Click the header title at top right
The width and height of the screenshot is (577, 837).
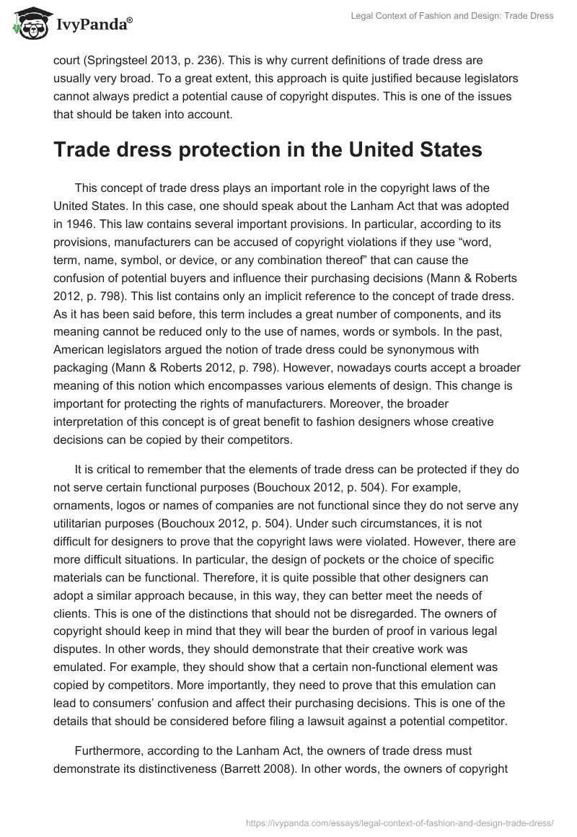pyautogui.click(x=451, y=16)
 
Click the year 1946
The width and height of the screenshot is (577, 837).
pyautogui.click(x=67, y=223)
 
